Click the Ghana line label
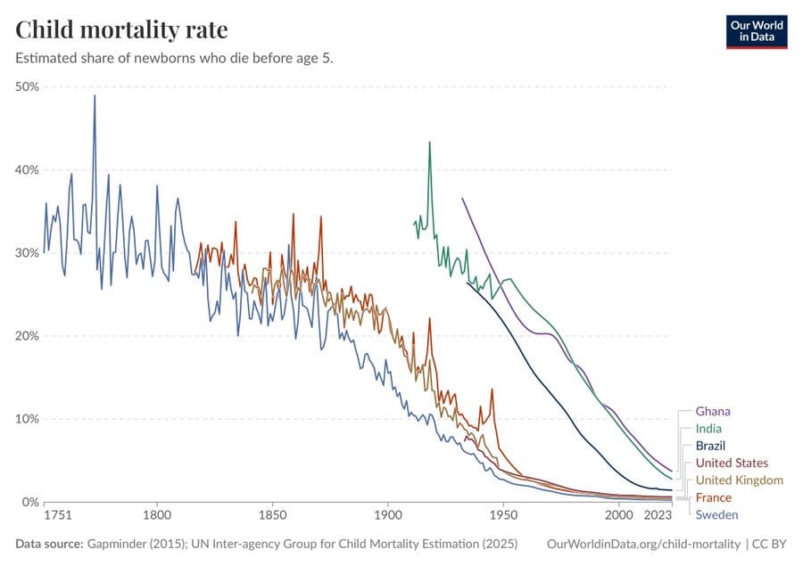[x=713, y=412]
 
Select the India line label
[x=708, y=429]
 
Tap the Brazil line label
[x=710, y=446]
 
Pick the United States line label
[x=732, y=463]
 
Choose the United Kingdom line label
[x=740, y=480]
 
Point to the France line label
[x=714, y=498]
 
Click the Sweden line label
[x=717, y=515]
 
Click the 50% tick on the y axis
[x=27, y=86]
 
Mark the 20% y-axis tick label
[x=27, y=336]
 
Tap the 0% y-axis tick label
[x=30, y=502]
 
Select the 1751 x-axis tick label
[x=58, y=515]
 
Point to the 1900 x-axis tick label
[x=388, y=515]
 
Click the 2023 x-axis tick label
[x=658, y=515]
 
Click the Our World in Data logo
[x=757, y=32]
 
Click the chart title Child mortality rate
[x=121, y=29]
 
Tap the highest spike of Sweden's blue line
[x=95, y=95]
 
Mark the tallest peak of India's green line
[x=430, y=143]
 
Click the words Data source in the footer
[x=49, y=544]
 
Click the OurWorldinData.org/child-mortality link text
[x=643, y=544]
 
